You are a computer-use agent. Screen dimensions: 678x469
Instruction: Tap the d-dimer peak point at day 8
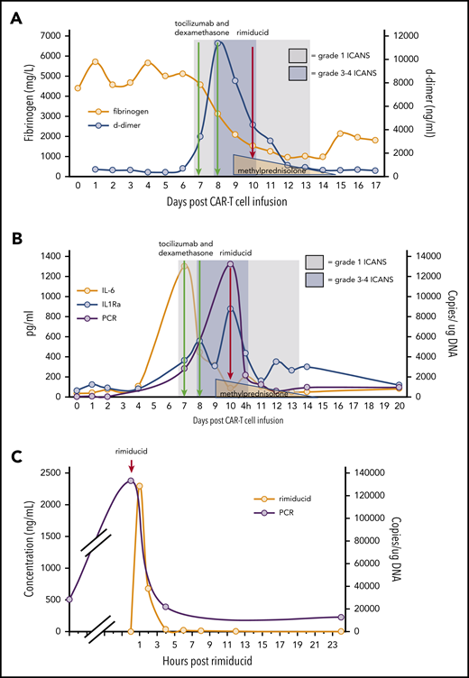click(x=217, y=42)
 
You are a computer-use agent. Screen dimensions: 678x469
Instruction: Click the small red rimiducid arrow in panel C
click(x=132, y=465)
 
